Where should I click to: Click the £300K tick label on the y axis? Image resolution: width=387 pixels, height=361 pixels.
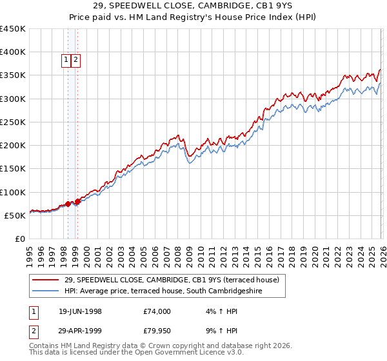(13, 99)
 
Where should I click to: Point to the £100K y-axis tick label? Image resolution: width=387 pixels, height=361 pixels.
(13, 192)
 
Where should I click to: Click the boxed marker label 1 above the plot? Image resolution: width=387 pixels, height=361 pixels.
(67, 60)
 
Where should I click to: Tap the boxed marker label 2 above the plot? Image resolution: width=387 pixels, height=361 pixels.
(76, 60)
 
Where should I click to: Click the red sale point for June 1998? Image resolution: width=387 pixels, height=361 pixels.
(68, 204)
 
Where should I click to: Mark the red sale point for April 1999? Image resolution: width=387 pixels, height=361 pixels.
(77, 201)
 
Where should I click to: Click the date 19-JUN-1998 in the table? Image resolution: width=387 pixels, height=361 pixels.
(80, 311)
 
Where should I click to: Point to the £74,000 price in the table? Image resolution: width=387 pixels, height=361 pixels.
(157, 311)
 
